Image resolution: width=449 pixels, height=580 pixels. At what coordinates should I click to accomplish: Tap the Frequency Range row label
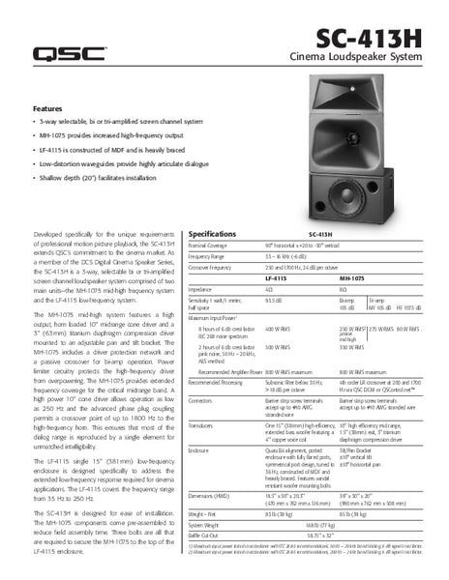pos(206,256)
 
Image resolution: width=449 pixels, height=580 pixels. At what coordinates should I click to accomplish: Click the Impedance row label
pos(199,289)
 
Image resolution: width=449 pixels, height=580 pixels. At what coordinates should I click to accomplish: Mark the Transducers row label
pos(203,423)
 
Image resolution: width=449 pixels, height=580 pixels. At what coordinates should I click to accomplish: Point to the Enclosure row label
pos(201,450)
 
